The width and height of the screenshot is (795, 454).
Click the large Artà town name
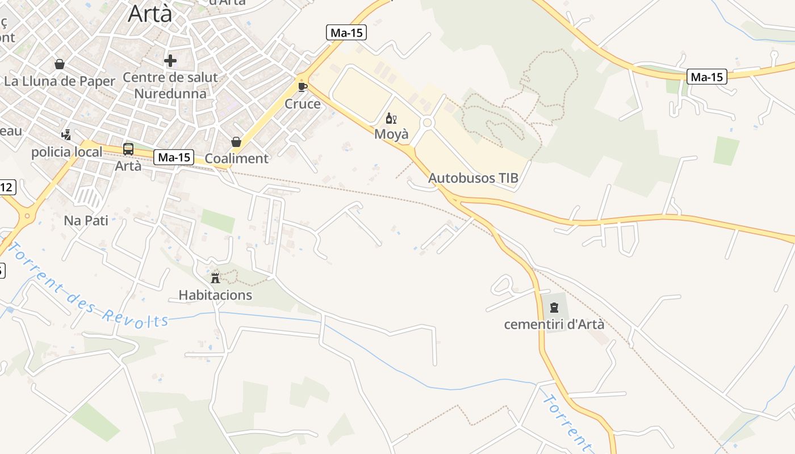(x=150, y=13)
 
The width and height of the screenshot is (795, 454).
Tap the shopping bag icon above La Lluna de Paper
(x=60, y=64)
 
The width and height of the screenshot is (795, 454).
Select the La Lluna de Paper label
(x=60, y=81)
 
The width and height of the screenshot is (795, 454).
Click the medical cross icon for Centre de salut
(x=170, y=61)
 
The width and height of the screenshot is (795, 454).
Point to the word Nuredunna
(x=170, y=93)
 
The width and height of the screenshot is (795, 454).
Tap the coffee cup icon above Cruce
(x=303, y=87)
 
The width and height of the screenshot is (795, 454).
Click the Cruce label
(x=303, y=104)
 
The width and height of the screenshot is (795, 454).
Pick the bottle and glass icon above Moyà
(x=391, y=118)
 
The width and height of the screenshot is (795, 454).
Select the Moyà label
(x=391, y=134)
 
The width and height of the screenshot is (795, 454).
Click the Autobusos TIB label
(x=473, y=178)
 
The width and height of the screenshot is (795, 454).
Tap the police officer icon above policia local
(x=66, y=135)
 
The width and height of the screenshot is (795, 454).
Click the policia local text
(x=67, y=152)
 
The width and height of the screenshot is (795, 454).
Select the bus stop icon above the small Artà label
(x=128, y=149)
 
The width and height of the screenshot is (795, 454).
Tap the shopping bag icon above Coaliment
(x=236, y=142)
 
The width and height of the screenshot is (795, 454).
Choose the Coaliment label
(x=236, y=158)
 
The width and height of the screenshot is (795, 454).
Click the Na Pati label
(x=86, y=220)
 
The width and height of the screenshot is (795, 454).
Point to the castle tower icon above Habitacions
(x=215, y=278)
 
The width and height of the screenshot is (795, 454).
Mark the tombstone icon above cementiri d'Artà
(x=554, y=308)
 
